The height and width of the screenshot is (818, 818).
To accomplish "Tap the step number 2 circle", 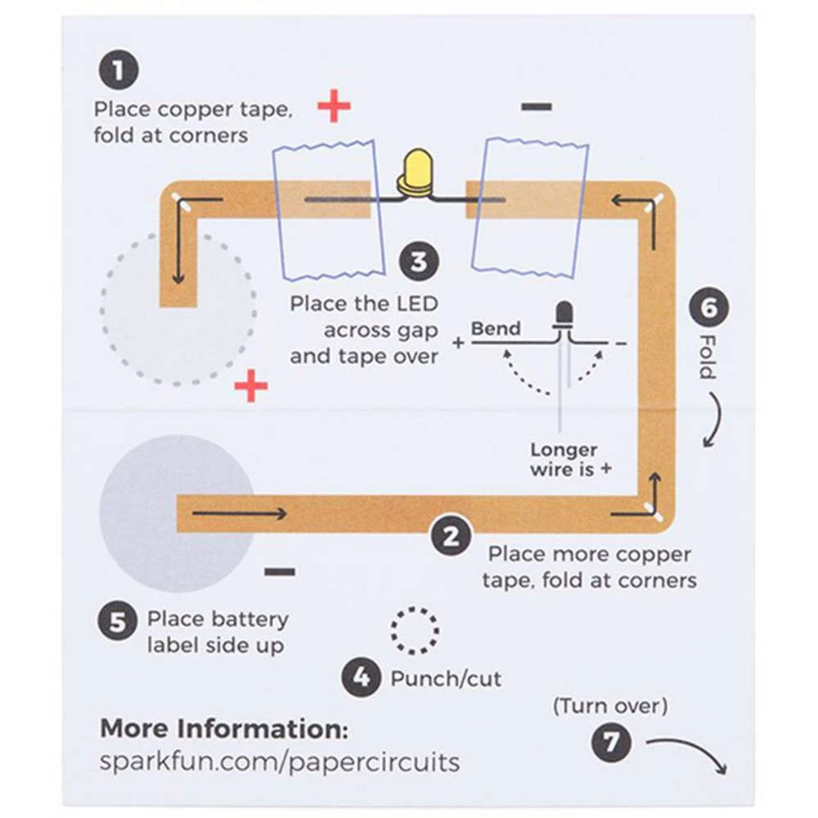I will point(450,537).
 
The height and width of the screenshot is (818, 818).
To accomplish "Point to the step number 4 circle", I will point(361,677).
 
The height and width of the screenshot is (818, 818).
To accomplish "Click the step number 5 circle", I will point(118,621).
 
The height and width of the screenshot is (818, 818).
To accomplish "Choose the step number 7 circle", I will point(611,743).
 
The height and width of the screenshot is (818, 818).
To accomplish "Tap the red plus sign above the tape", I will point(334,106).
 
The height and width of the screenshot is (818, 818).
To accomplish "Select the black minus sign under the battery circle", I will point(280,571).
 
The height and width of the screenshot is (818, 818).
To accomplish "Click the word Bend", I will point(496,329).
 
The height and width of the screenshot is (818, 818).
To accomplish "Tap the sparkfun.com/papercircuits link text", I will point(279,762).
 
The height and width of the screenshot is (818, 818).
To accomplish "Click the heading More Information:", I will point(224,728).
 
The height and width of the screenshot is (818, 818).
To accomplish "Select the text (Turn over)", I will point(610,704).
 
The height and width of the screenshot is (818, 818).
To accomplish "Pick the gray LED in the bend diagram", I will point(563,315).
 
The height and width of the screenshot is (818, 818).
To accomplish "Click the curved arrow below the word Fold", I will point(713,420).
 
